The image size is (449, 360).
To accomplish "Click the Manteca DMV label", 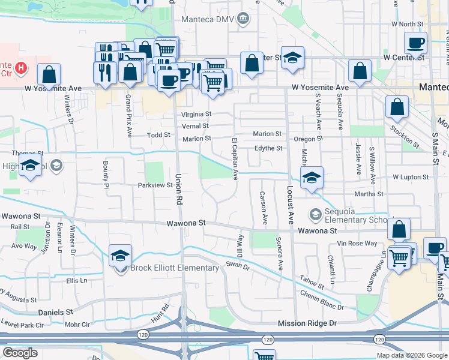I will click(x=211, y=19).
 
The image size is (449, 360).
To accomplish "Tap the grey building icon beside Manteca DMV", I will click(x=244, y=19).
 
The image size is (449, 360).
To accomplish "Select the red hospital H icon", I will click(x=22, y=68).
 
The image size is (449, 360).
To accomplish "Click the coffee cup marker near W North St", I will click(x=415, y=43).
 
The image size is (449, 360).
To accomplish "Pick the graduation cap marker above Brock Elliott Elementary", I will click(x=120, y=254).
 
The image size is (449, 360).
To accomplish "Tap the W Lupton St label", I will click(x=411, y=178).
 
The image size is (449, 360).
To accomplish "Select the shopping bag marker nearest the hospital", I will click(x=49, y=75).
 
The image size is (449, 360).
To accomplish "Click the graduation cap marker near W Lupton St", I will click(x=312, y=178).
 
